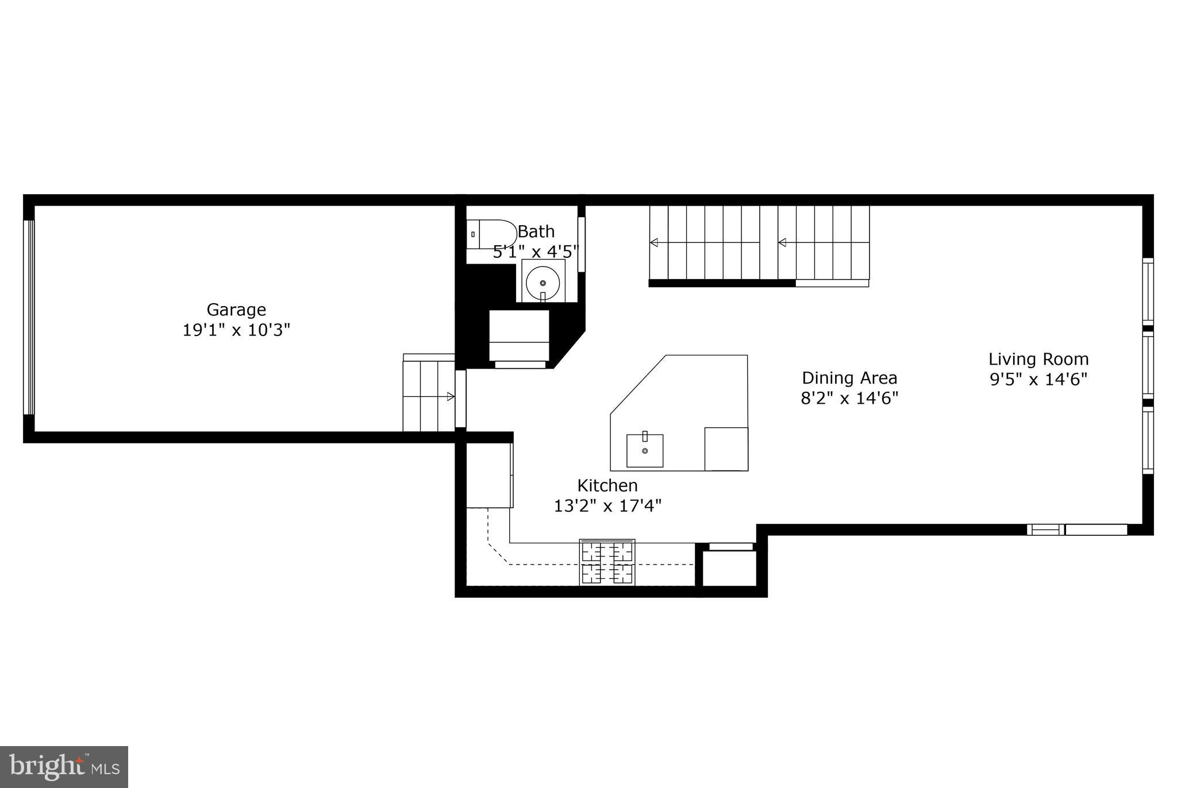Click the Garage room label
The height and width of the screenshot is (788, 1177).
236,310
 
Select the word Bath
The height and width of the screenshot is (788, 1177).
536,232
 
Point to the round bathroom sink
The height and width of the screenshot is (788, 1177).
543,283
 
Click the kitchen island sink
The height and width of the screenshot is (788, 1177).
644,451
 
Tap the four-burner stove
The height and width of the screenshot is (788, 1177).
607,563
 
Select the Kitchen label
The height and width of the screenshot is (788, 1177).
607,486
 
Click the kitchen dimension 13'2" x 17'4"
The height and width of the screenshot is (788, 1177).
607,506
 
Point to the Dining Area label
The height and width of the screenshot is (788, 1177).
849,378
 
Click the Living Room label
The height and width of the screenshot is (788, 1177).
1038,360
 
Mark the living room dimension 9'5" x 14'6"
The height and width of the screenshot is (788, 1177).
1038,380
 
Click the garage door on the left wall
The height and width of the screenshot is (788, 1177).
29,317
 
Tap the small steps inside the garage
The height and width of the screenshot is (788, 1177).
429,394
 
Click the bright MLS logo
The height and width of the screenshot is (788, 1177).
64,767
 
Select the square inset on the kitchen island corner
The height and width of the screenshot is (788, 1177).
726,449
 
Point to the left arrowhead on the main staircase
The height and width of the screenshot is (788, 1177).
653,243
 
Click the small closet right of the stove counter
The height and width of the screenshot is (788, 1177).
729,568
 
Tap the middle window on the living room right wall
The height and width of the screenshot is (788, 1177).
1148,365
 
